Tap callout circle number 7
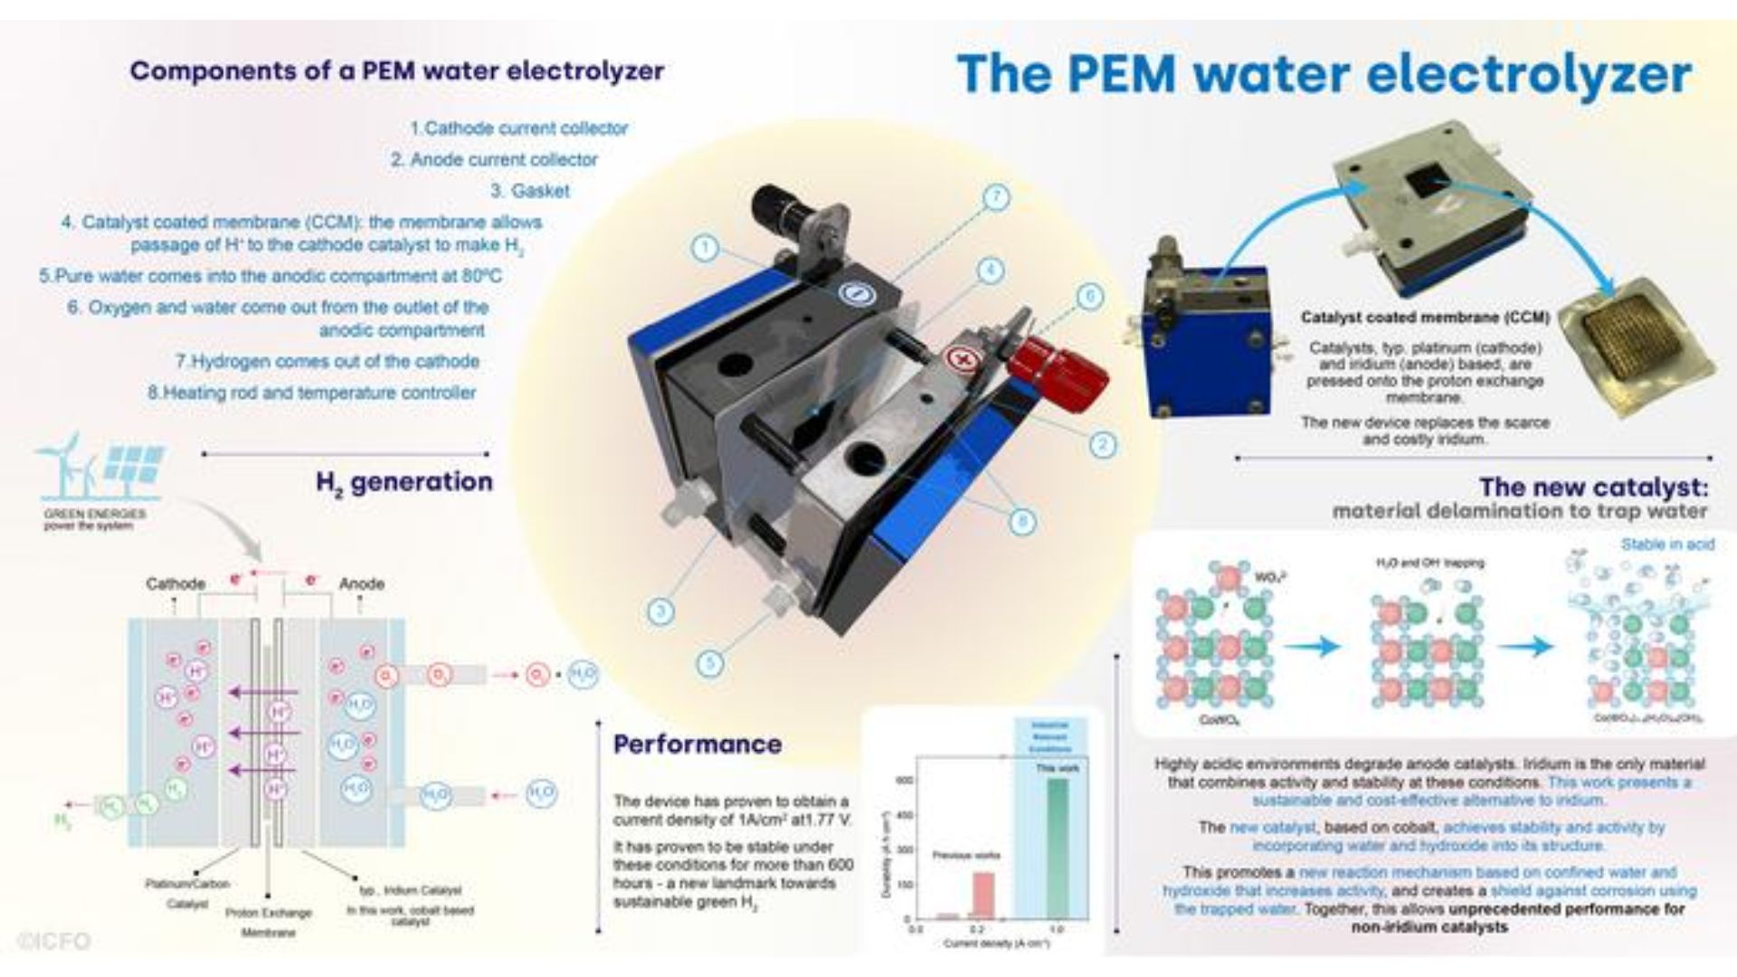(995, 198)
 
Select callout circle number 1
(706, 247)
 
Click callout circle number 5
(710, 663)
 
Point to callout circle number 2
(1102, 444)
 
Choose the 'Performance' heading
(698, 745)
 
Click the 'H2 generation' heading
(404, 483)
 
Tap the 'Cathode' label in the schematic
(176, 584)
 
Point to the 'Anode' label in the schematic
(362, 584)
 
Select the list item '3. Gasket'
(530, 191)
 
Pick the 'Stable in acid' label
(1666, 545)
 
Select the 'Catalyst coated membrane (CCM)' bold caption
(1425, 318)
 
